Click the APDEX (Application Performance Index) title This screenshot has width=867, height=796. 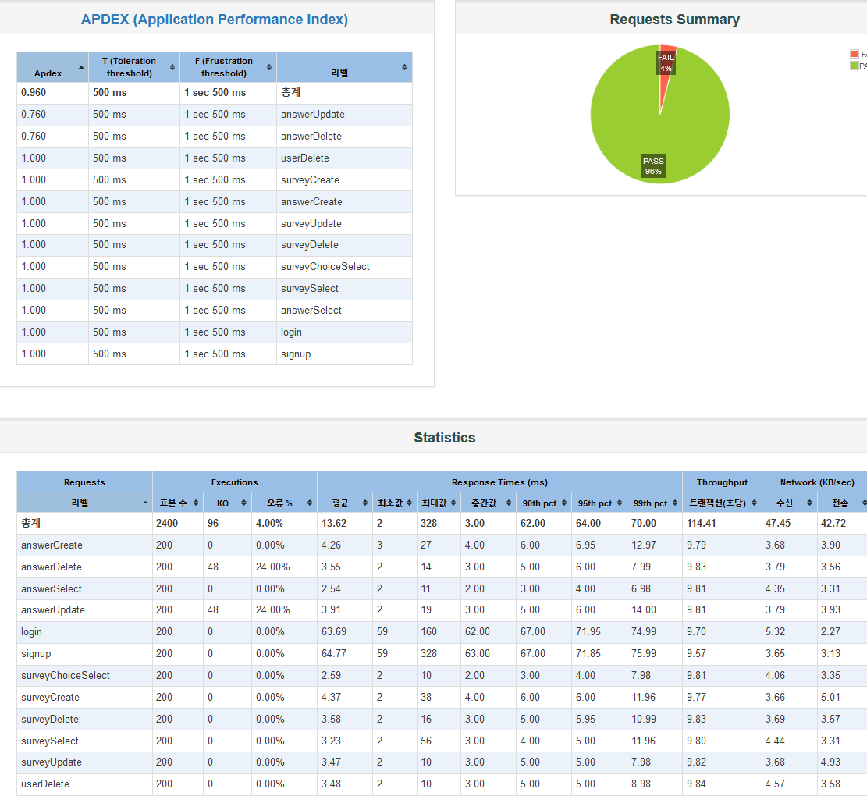[x=215, y=20]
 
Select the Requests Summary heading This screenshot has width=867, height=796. [x=674, y=20]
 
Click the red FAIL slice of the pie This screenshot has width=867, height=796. [x=667, y=52]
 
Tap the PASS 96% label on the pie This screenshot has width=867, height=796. [x=653, y=165]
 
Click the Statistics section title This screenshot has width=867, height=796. [x=444, y=438]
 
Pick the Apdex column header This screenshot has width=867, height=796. [x=48, y=73]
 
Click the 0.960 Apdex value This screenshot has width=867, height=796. [x=34, y=92]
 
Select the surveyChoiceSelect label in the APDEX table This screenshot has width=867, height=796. [x=325, y=267]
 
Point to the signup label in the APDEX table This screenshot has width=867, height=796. [x=296, y=354]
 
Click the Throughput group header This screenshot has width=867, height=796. [x=722, y=482]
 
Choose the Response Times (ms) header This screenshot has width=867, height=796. [x=499, y=482]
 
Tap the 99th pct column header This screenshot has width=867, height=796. [x=650, y=503]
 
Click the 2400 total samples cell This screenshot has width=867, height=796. [x=167, y=523]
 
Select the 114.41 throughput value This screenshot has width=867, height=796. [x=701, y=523]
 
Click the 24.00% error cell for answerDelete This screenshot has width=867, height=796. [x=272, y=567]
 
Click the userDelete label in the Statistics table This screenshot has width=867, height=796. [x=45, y=784]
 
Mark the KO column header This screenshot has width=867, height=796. [x=222, y=503]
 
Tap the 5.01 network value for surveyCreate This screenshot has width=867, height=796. [x=830, y=697]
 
